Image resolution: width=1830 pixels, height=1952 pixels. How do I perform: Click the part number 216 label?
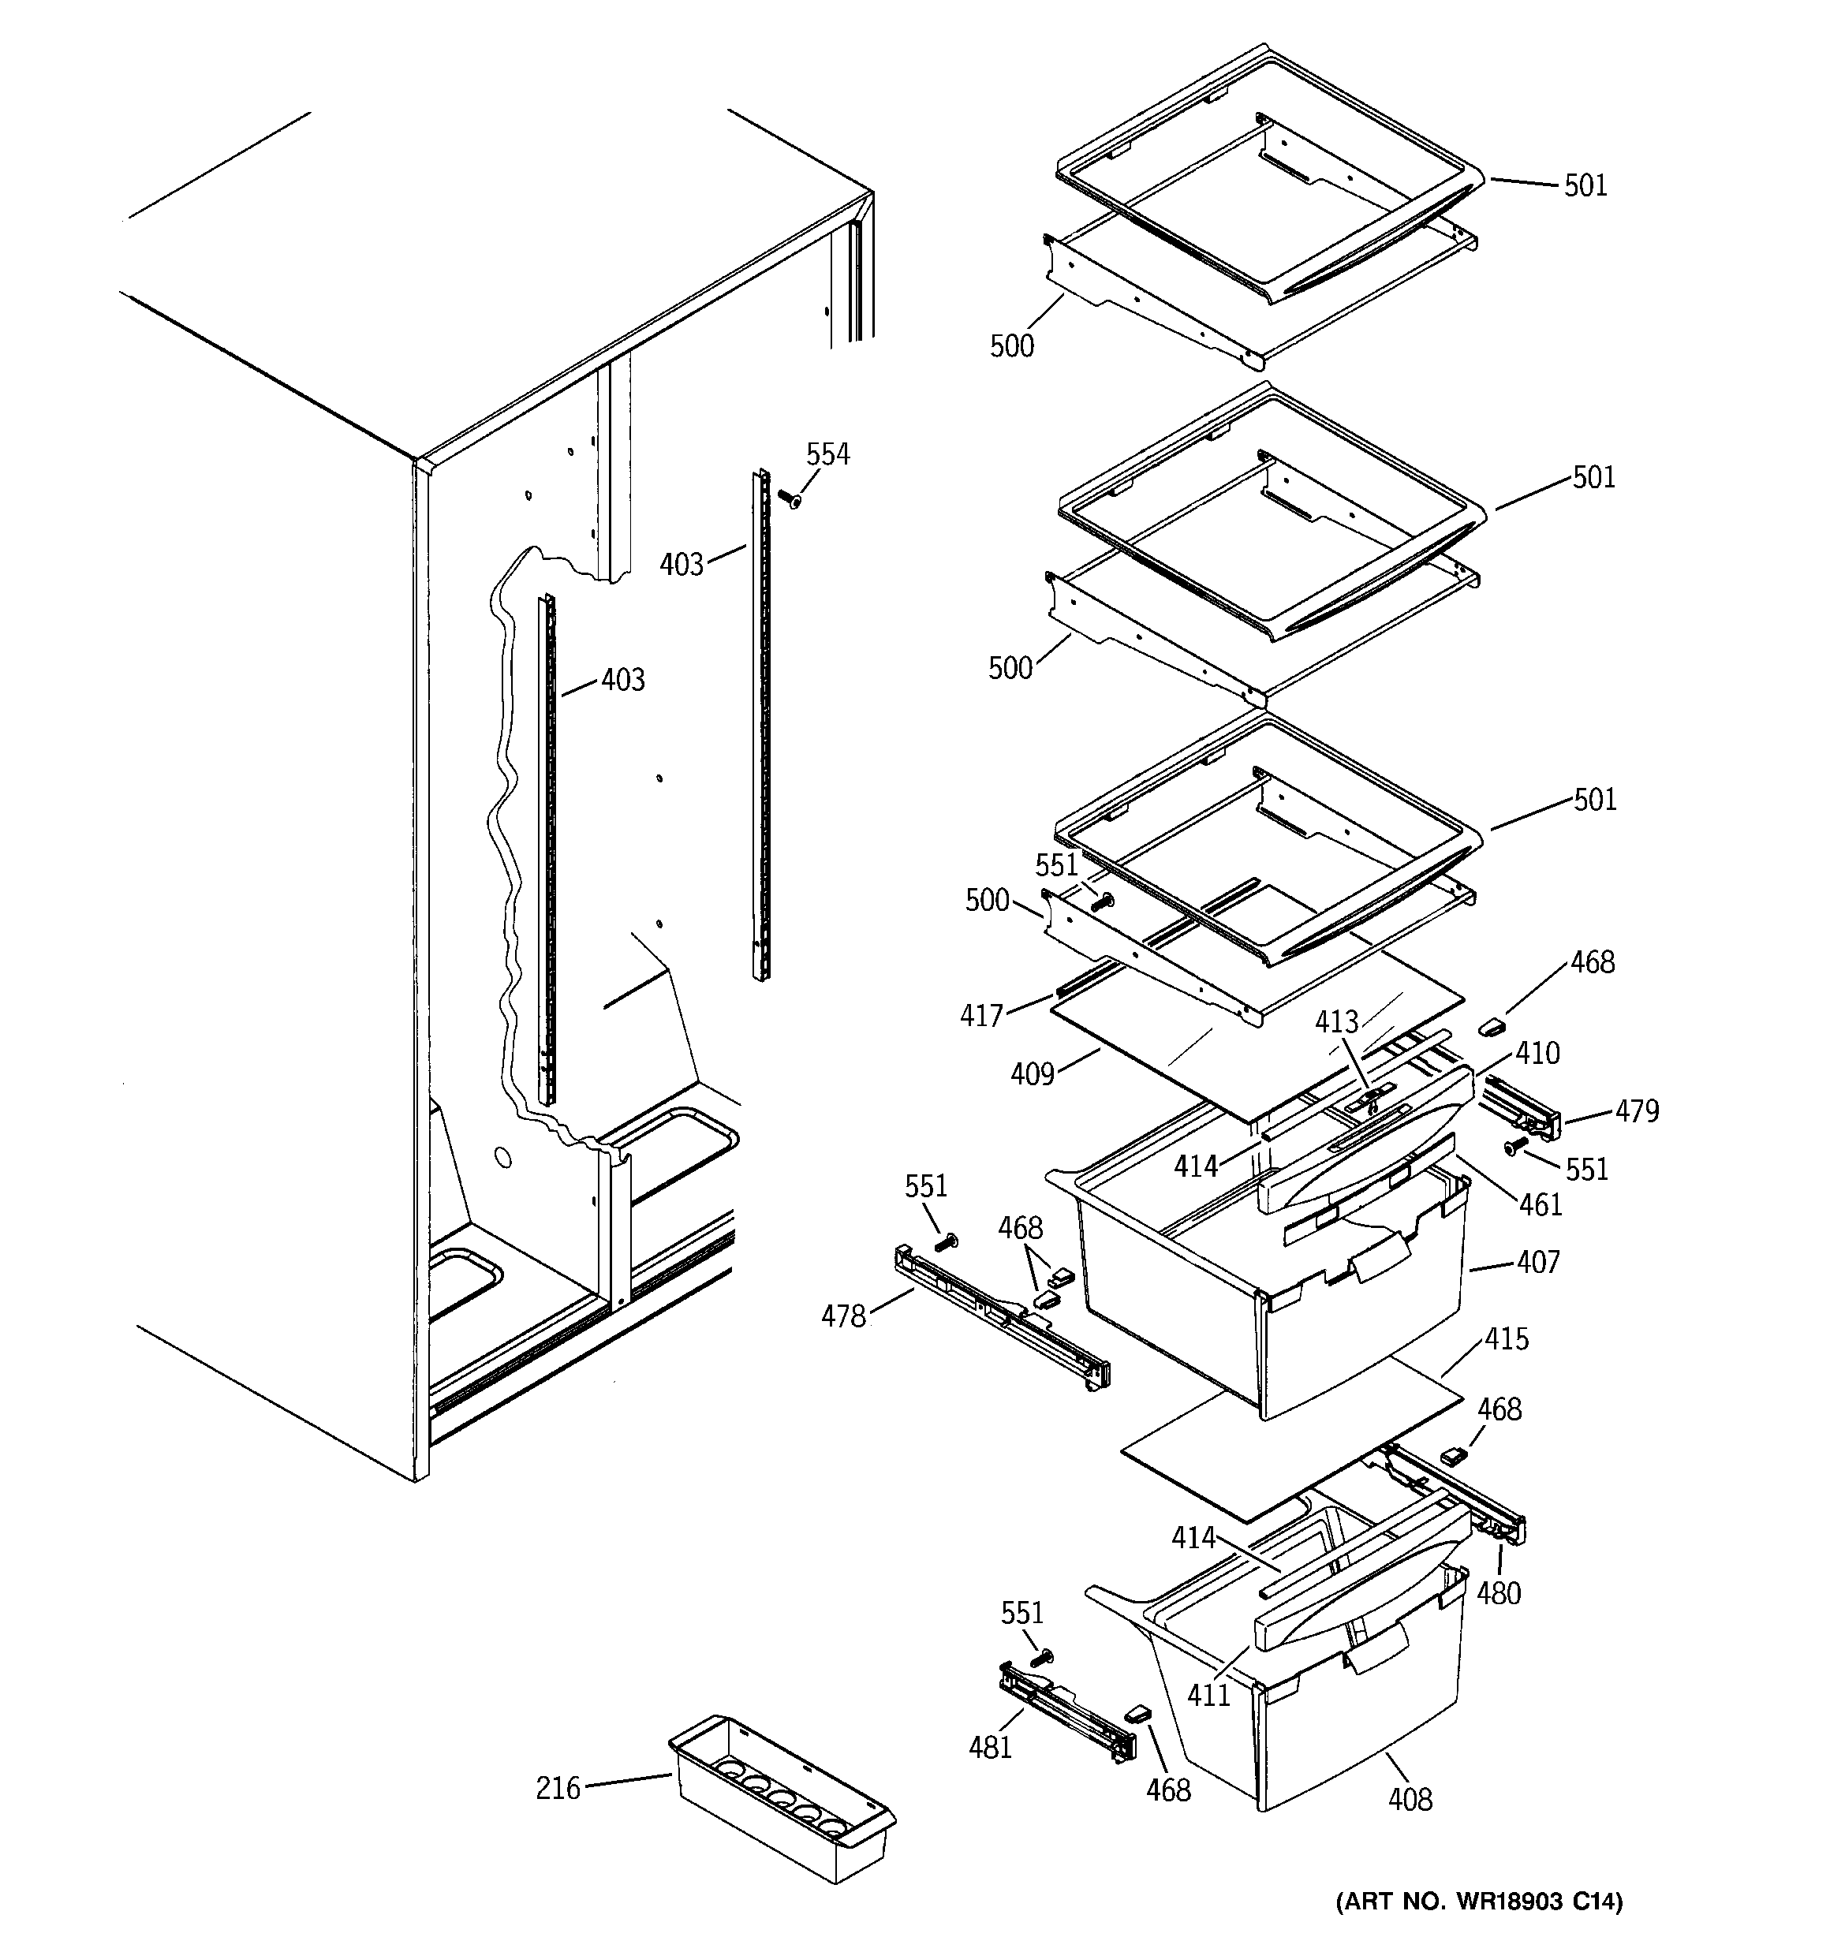tap(557, 1788)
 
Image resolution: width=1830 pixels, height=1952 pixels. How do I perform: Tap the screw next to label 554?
tap(789, 500)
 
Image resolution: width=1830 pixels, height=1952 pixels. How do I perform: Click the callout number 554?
tap(827, 454)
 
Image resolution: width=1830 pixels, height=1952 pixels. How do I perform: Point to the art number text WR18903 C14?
tap(1478, 1928)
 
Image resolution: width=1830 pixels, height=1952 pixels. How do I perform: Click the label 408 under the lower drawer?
tap(1410, 1799)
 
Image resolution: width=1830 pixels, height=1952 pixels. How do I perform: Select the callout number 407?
tap(1537, 1262)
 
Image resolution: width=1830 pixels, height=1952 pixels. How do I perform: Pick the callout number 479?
tap(1637, 1110)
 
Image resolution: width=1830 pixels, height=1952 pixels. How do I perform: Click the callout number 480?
tap(1498, 1592)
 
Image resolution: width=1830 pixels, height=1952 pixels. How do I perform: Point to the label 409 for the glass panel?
tap(1032, 1074)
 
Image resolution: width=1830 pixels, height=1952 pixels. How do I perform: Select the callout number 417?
tap(981, 1014)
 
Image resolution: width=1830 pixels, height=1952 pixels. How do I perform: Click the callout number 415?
tap(1506, 1338)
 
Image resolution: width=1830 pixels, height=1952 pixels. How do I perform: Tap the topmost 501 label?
tap(1585, 185)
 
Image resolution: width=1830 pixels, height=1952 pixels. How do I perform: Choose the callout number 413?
tap(1336, 1021)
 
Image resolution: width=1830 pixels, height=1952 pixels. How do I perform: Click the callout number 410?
tap(1537, 1054)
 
